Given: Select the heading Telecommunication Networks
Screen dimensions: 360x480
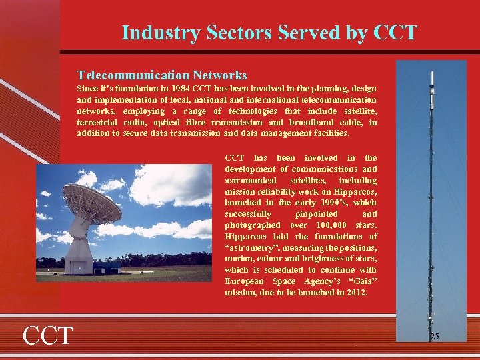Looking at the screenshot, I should (x=162, y=75).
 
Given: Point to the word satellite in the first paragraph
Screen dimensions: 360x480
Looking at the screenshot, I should (x=360, y=111).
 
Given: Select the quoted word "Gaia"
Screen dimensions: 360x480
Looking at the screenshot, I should (x=363, y=281).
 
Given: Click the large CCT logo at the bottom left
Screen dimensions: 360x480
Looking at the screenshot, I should (x=47, y=335).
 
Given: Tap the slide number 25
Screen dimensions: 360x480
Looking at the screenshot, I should (x=434, y=337).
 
